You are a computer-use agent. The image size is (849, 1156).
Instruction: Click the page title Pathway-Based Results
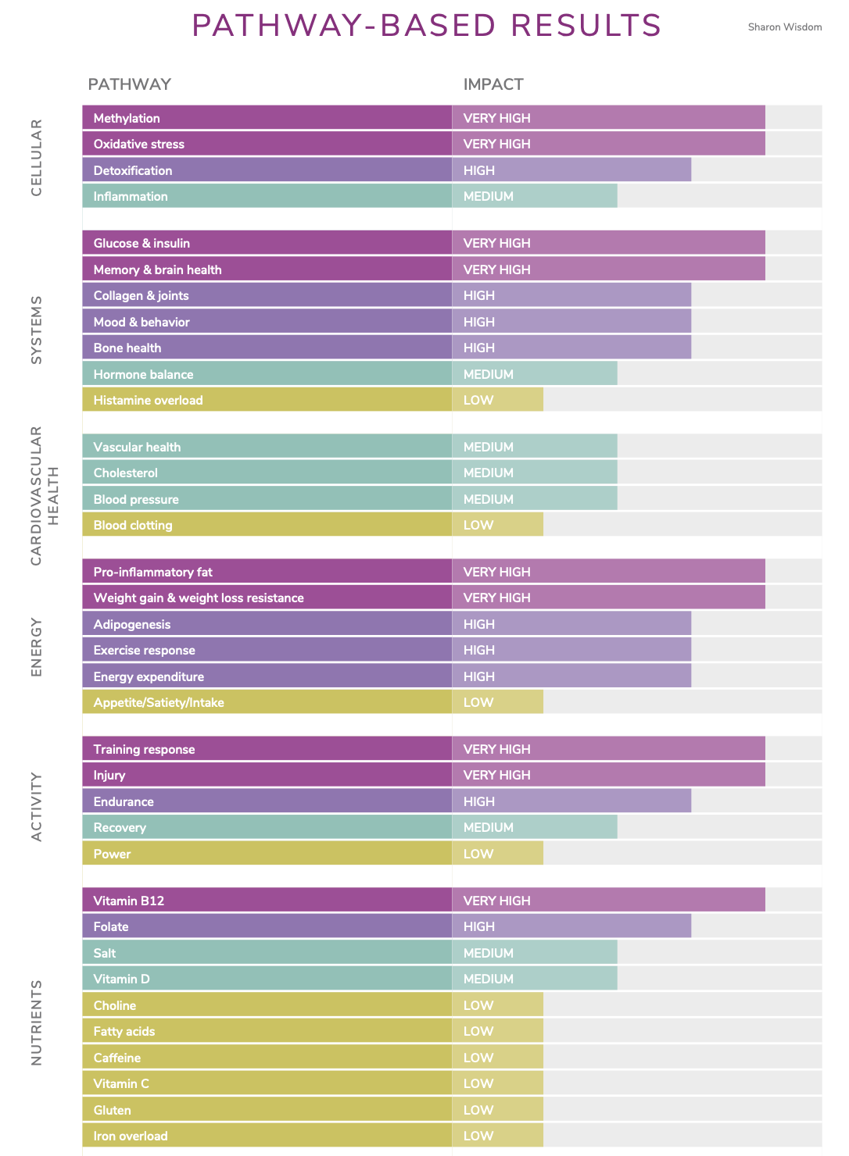[426, 26]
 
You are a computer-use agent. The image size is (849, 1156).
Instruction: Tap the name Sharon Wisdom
[784, 27]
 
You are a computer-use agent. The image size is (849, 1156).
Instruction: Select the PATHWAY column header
[129, 84]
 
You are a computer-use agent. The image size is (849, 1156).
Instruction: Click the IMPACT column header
[493, 84]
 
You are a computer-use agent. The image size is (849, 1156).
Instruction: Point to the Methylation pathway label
[127, 119]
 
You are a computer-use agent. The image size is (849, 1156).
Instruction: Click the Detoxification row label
[133, 171]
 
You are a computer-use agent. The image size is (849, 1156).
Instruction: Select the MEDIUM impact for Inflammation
[489, 197]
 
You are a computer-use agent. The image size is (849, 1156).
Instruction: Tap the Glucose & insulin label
[141, 244]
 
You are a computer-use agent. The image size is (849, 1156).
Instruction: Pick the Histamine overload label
[148, 401]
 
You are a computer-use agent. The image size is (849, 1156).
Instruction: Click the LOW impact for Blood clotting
[478, 526]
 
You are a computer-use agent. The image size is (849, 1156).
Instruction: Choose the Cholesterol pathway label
[125, 473]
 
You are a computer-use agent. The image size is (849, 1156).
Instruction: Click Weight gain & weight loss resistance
[199, 598]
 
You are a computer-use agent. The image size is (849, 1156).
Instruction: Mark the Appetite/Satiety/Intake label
[159, 703]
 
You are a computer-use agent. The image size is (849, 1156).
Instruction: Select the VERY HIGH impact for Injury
[496, 776]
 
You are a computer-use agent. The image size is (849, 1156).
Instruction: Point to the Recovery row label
[120, 828]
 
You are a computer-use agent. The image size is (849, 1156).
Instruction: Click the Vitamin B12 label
[129, 901]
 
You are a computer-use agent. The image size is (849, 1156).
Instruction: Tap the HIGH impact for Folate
[479, 927]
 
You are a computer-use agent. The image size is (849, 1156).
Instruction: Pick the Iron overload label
[131, 1136]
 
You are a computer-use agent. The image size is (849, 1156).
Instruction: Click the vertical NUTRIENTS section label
[37, 1022]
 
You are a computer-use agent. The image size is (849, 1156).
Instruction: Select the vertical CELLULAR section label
[37, 158]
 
